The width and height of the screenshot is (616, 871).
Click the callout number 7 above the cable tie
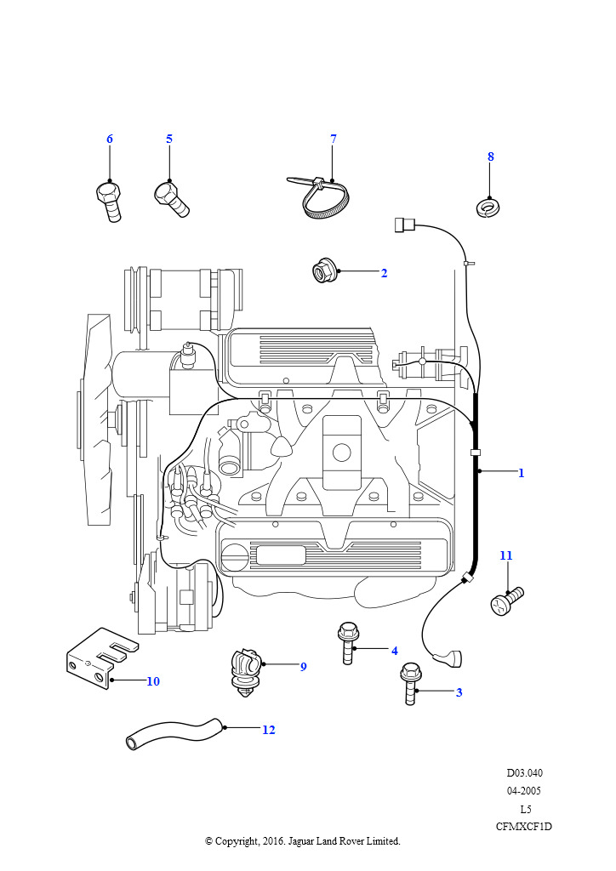[334, 139]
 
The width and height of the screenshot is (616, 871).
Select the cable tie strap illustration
[316, 197]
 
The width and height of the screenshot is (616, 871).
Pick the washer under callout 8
[488, 209]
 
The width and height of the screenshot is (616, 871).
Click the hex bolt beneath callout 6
[108, 201]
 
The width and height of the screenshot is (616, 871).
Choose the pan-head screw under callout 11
[506, 601]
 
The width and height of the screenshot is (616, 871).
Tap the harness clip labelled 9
[246, 672]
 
